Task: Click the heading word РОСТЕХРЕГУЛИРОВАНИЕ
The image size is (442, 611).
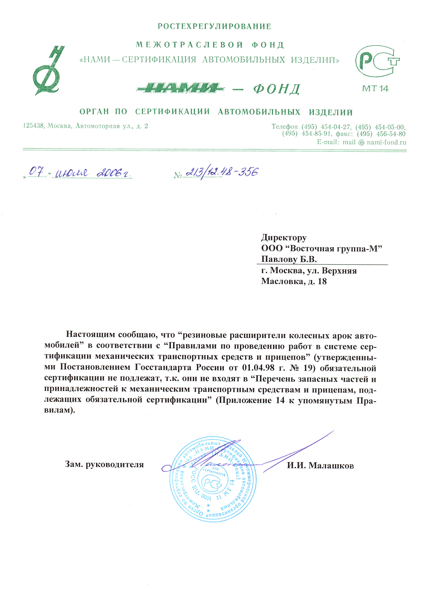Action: pos(214,26)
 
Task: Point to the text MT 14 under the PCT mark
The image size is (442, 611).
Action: pos(375,88)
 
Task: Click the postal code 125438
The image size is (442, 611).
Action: pos(33,126)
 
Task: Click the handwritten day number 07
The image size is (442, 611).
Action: pos(37,172)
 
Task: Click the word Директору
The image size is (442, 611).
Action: pos(284,237)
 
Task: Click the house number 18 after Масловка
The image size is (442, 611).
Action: pos(322,282)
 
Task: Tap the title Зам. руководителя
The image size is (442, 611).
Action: pos(104,464)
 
